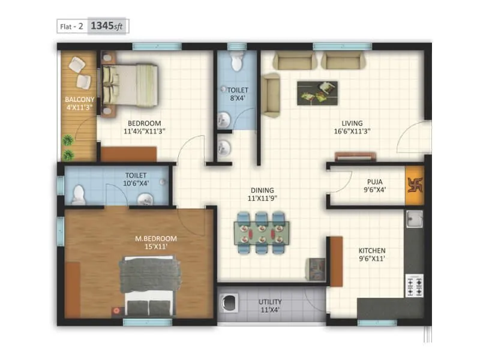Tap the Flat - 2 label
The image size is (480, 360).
pyautogui.click(x=71, y=27)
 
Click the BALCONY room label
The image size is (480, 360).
pyautogui.click(x=78, y=100)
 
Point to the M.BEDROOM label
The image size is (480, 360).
pyautogui.click(x=156, y=238)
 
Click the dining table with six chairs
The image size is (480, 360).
pyautogui.click(x=261, y=231)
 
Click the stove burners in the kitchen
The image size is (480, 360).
pyautogui.click(x=414, y=285)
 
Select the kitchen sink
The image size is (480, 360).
pyautogui.click(x=414, y=219)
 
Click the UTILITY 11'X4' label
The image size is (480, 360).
pyautogui.click(x=270, y=306)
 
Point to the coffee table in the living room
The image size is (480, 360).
pyautogui.click(x=317, y=93)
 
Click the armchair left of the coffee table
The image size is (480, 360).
pyautogui.click(x=271, y=95)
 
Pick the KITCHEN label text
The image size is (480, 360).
pyautogui.click(x=372, y=251)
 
